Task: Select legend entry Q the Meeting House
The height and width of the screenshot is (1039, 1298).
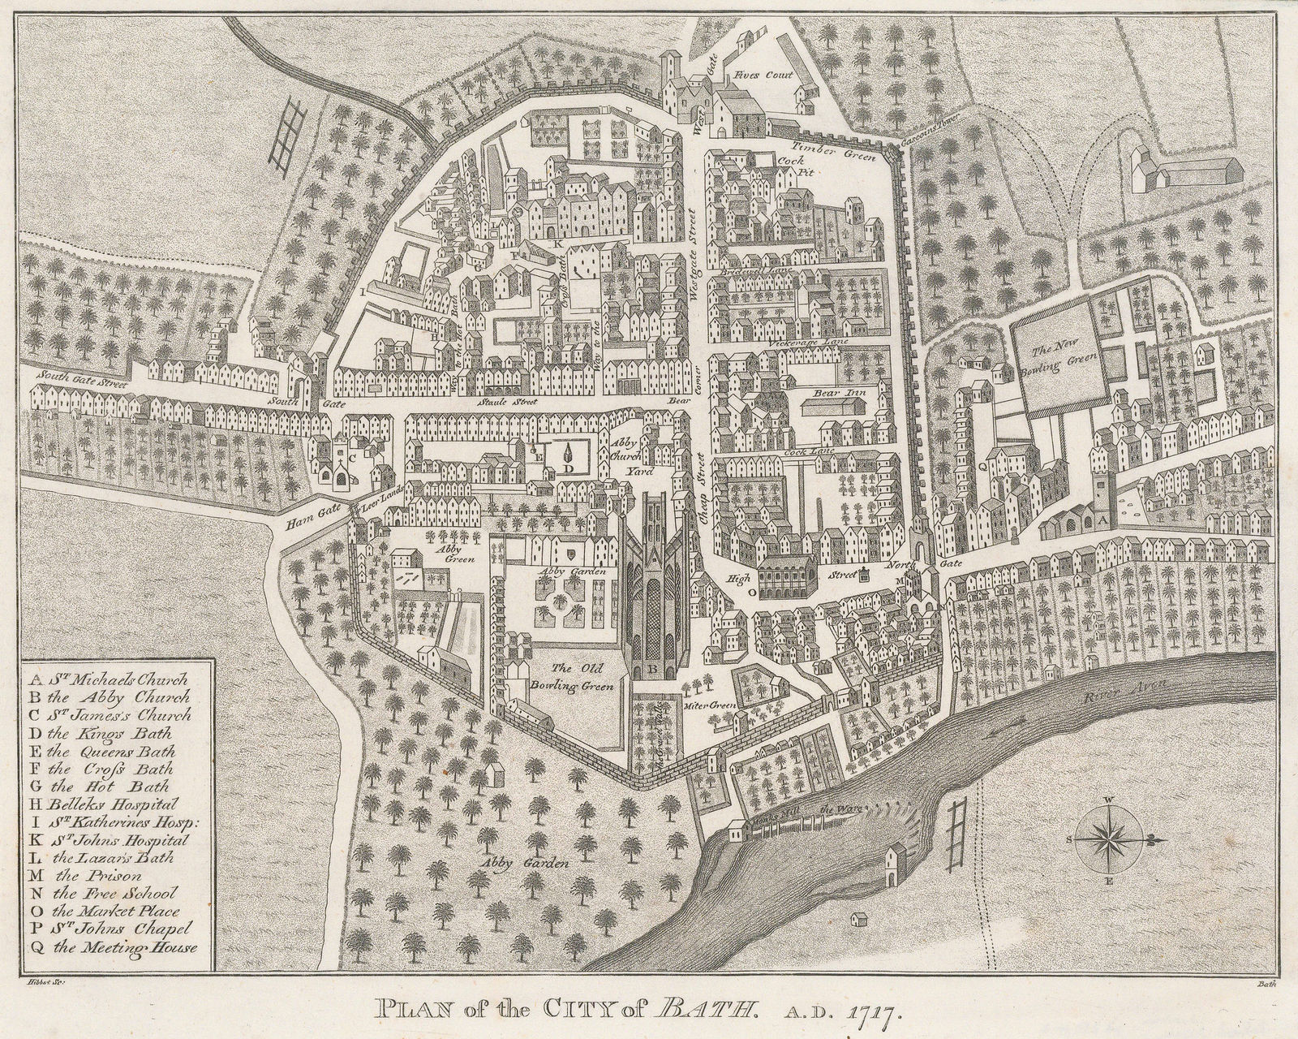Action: (x=114, y=946)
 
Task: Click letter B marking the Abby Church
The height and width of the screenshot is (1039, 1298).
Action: (x=650, y=670)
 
